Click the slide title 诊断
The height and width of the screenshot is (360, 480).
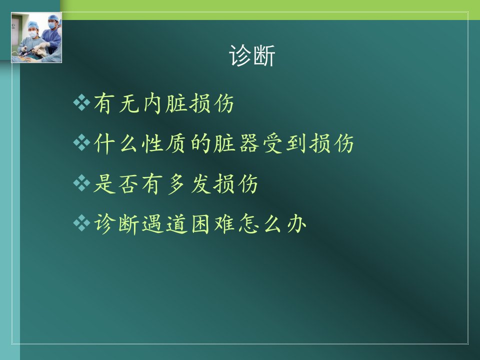tap(252, 55)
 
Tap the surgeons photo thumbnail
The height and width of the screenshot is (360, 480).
tap(36, 37)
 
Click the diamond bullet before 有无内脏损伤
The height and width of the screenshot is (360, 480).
tap(81, 102)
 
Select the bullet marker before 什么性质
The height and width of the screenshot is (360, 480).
tap(81, 142)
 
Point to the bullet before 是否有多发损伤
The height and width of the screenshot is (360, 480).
tap(81, 183)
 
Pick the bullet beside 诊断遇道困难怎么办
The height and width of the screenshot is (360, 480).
tap(81, 222)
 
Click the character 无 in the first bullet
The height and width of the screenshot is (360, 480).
tap(128, 103)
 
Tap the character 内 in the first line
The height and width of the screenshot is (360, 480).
tap(152, 103)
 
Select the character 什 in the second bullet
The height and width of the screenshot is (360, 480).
tap(104, 143)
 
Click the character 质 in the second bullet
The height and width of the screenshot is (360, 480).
tap(175, 143)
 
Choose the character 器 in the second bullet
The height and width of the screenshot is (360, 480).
tap(249, 143)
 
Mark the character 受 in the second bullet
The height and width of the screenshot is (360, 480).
tap(273, 143)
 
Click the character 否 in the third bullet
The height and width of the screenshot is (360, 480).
tap(128, 183)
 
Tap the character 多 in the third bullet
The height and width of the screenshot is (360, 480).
tap(176, 184)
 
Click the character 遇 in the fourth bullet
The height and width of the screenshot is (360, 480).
tap(152, 224)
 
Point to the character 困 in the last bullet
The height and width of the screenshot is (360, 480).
tap(200, 224)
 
